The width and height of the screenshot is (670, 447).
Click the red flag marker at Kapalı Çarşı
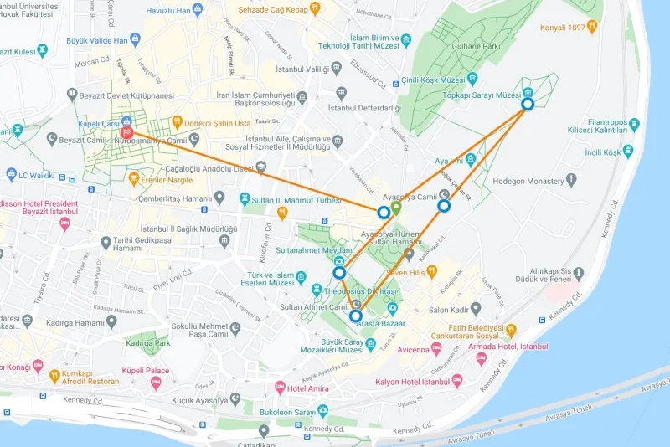127,131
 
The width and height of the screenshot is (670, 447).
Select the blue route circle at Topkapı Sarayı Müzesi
528,104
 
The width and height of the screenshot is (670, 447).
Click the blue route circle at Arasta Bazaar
356,316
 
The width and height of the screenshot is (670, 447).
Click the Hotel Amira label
309,388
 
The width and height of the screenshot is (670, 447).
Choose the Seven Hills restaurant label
408,272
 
